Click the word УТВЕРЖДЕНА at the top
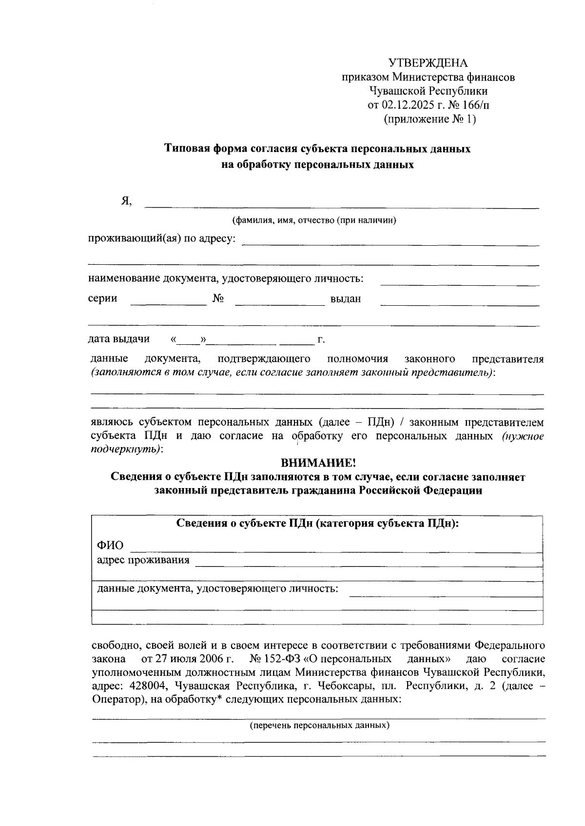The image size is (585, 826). (428, 63)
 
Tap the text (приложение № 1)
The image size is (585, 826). (429, 119)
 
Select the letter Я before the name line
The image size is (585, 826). (126, 201)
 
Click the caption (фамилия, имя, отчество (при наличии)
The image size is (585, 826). (314, 220)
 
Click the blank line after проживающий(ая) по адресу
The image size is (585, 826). (390, 241)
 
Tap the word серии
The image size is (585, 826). (102, 298)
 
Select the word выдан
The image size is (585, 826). (346, 299)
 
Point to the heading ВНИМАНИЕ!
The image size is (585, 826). (318, 462)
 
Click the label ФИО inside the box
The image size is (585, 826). (110, 545)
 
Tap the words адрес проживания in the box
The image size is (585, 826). (143, 560)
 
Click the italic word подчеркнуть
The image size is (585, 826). (125, 449)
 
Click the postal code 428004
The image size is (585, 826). (146, 687)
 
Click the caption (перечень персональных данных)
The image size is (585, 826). (320, 725)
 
